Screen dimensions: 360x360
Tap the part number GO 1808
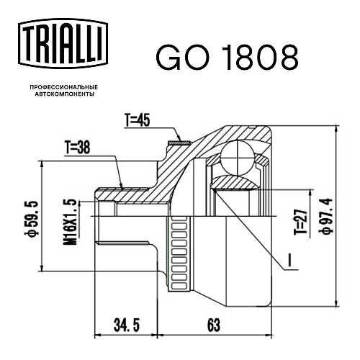228,58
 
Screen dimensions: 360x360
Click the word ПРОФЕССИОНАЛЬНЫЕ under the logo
64,87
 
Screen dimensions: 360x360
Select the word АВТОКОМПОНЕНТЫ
65,94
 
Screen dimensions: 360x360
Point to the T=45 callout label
138,120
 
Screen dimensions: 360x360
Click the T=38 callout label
77,148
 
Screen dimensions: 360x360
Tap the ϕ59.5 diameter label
32,217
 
